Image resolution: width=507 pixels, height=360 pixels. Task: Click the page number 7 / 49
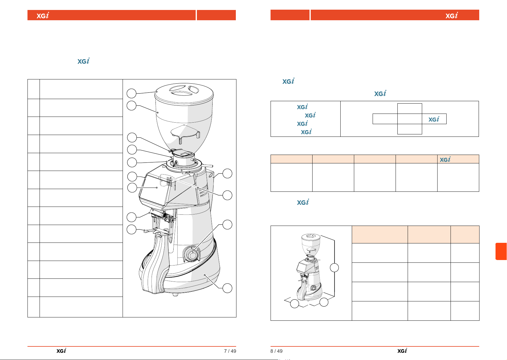230,351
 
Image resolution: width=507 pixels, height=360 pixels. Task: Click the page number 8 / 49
276,351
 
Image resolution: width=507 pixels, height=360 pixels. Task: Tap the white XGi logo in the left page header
43,15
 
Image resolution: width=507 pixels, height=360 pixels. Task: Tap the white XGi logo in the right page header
451,15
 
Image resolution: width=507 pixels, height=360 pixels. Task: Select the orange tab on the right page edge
501,251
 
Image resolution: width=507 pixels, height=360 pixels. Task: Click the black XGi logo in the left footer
61,351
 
